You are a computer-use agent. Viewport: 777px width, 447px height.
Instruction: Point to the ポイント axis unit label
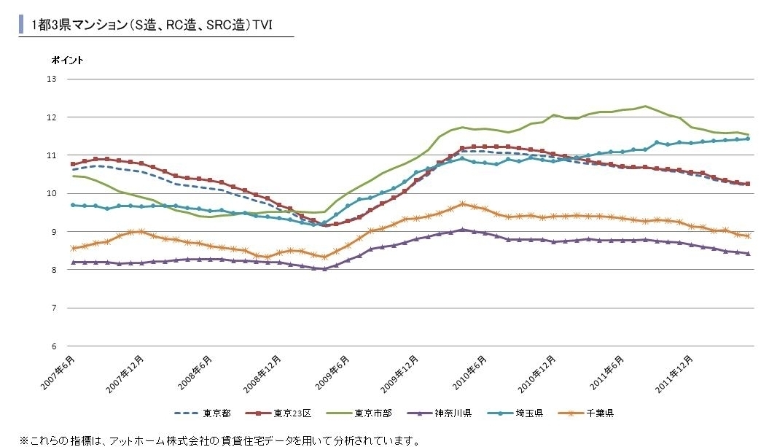[x=67, y=61]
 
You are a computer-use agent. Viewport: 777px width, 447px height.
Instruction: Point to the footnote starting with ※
[x=219, y=440]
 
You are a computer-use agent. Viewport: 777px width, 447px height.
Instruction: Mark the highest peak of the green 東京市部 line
[x=645, y=106]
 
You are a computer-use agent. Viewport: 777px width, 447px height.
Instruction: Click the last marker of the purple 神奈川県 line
[x=749, y=254]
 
